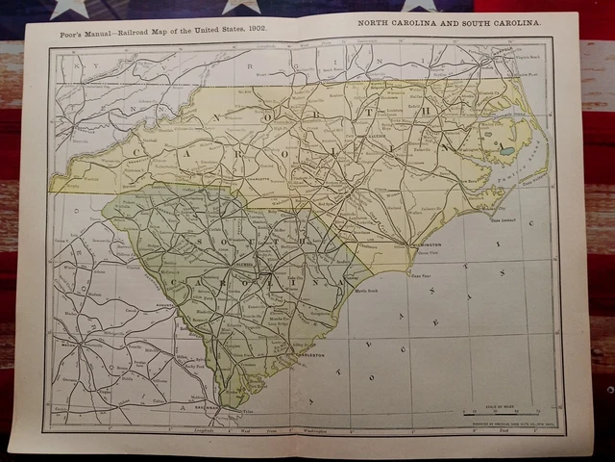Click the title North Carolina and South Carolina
click(x=448, y=20)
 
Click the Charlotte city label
click(x=255, y=178)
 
